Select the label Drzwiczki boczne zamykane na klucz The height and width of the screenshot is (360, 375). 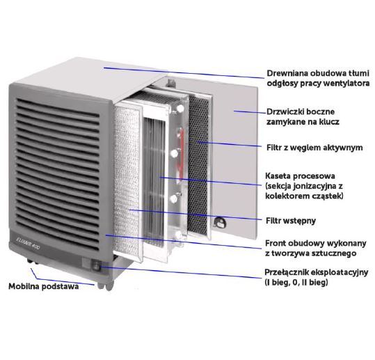coord(303,116)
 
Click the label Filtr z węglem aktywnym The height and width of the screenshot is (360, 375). coord(314,148)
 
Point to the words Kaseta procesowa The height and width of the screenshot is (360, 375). coord(300,176)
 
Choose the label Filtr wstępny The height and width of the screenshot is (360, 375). coord(291,221)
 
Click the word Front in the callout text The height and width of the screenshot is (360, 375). coord(276,243)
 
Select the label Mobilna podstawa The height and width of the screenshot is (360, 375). coord(44,286)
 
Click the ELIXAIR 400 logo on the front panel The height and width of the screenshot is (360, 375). coord(28,243)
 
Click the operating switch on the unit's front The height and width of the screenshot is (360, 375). coord(95,266)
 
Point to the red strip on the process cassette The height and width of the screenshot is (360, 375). coord(182,153)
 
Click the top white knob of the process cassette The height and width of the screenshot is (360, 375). coord(179,109)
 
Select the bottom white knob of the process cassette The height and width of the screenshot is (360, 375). coord(177,235)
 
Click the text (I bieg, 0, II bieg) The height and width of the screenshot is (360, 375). coord(296,283)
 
